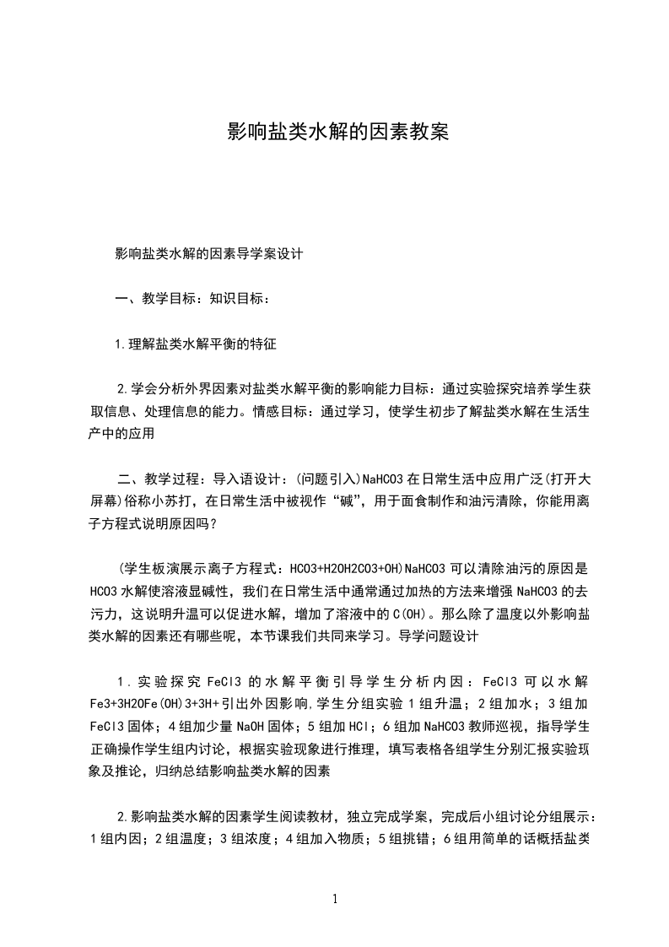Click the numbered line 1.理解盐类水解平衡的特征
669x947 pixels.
pyautogui.click(x=196, y=344)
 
